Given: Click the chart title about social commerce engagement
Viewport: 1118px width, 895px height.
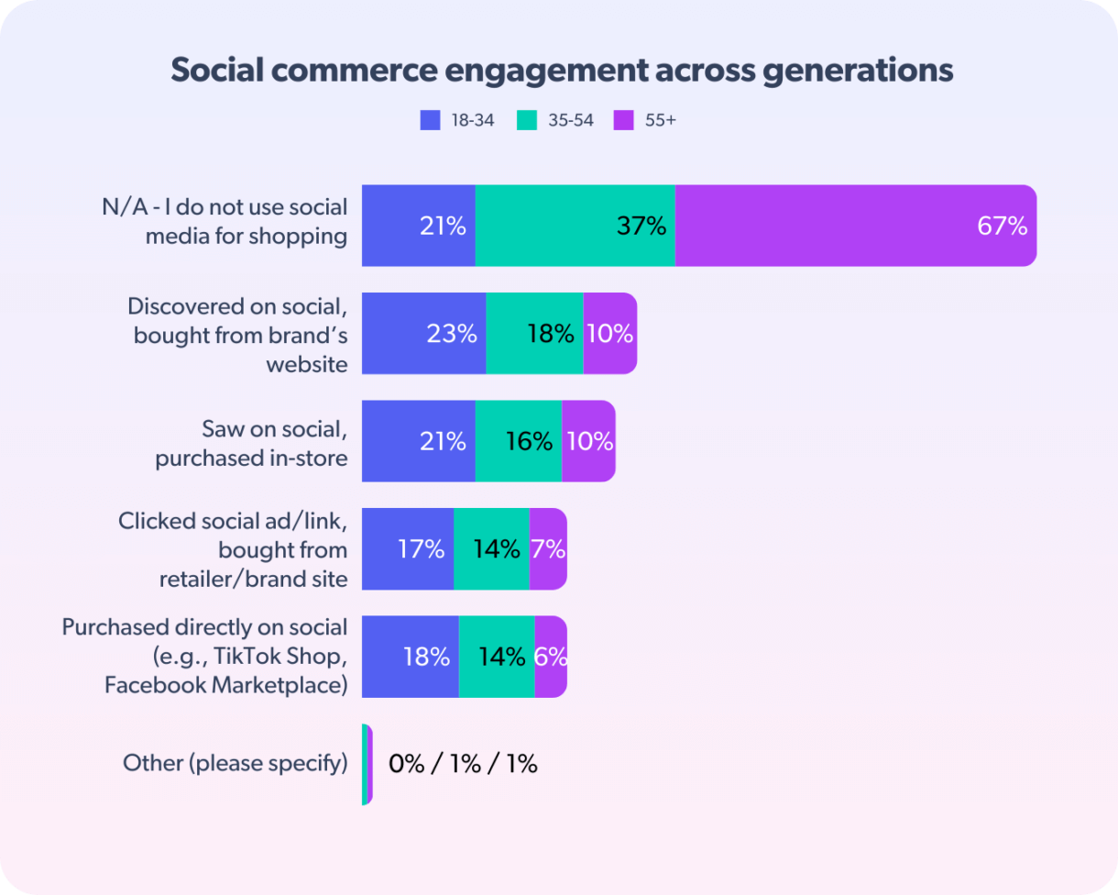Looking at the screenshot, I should [x=561, y=71].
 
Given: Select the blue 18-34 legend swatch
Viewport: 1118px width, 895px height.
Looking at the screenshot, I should [x=431, y=120].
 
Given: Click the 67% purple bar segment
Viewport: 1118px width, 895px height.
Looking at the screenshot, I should [x=855, y=226].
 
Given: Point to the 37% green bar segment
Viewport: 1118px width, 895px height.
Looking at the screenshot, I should [x=575, y=226].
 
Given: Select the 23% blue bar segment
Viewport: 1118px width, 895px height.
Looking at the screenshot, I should [x=423, y=333].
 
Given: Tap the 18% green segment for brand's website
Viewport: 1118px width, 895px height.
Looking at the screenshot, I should [x=534, y=333].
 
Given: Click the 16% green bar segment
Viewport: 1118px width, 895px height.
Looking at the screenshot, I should [x=519, y=441].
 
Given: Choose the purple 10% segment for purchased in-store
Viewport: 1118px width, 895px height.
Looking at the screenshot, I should [x=588, y=441].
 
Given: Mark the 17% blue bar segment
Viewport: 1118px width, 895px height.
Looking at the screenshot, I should [x=408, y=548].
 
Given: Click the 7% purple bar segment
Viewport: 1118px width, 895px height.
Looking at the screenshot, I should [x=548, y=548].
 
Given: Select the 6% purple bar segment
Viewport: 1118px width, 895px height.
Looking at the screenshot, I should [x=551, y=657].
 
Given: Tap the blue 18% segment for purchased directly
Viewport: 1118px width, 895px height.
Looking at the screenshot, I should [x=411, y=657].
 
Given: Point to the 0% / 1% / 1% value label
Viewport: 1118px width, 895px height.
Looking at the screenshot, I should [x=463, y=764].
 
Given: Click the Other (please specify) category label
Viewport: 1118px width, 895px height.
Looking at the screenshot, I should [x=236, y=763].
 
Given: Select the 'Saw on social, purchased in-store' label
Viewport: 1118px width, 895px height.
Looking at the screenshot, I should [x=251, y=443].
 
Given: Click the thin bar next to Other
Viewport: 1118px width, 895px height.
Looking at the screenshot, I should [x=367, y=764].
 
